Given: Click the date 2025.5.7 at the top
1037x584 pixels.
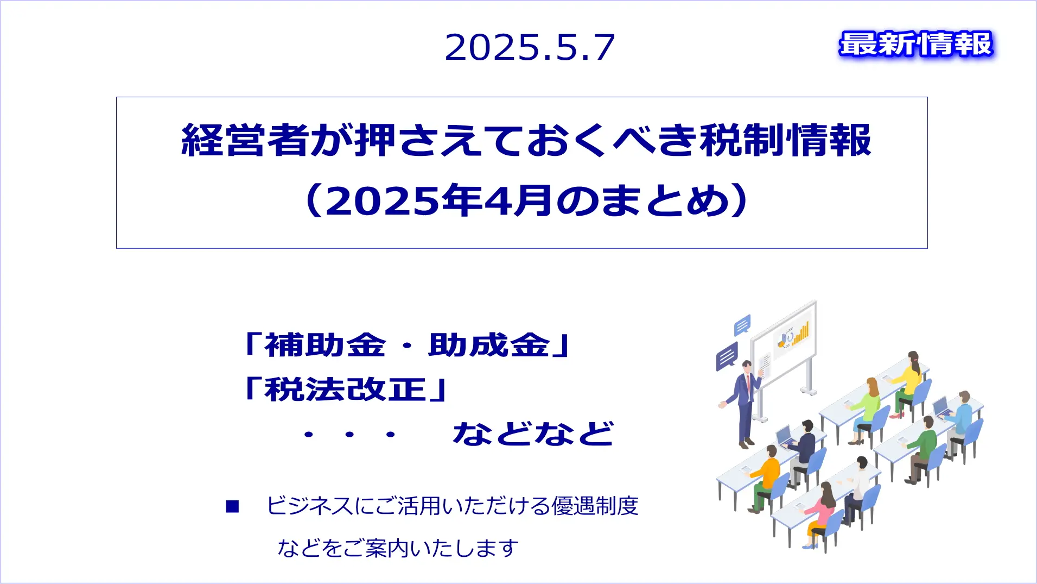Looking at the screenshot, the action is coord(530,47).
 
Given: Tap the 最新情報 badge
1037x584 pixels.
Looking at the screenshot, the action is coord(916,44).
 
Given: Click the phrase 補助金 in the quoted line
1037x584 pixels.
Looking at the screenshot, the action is coord(325,345).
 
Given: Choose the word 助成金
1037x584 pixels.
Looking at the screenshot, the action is coord(489,345).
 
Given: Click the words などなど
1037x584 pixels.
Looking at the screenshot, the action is coord(533,434).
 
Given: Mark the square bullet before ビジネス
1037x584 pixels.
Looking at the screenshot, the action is coord(232,506).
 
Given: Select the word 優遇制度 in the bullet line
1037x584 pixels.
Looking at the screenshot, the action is coord(595,506).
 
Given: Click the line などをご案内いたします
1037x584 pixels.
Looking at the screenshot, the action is coord(398,548).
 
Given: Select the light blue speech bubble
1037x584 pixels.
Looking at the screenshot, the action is coord(742,325).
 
